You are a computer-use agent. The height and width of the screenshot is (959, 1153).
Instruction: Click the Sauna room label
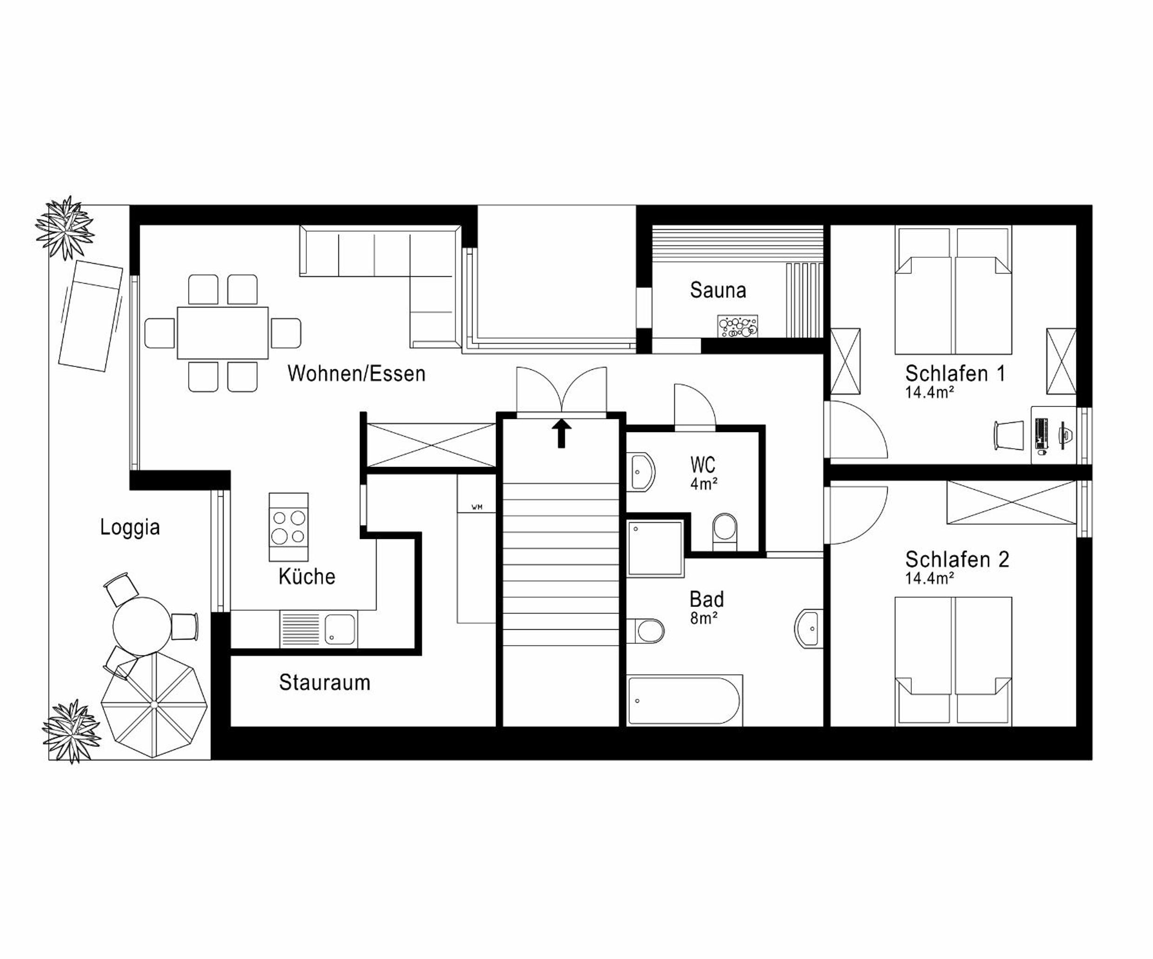tap(718, 290)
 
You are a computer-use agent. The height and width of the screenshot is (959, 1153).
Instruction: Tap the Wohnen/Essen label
tap(356, 373)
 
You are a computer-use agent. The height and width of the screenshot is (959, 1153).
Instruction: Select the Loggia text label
tap(130, 527)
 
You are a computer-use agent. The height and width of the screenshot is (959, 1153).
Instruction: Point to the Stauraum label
tap(325, 682)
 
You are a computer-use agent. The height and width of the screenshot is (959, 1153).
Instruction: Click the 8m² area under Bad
tap(704, 618)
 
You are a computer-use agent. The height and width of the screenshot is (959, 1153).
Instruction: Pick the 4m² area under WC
tap(704, 484)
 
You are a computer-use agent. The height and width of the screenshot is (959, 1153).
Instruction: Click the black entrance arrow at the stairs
tap(561, 433)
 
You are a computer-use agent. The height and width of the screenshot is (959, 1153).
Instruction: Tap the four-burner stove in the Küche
tap(289, 527)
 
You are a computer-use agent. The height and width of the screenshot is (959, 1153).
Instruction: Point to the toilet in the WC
tap(725, 531)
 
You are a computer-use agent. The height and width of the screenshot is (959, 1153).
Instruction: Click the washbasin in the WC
tap(641, 471)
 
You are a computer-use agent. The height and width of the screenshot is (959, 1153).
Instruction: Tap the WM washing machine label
tap(477, 507)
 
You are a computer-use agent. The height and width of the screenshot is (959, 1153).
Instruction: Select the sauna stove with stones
tap(738, 326)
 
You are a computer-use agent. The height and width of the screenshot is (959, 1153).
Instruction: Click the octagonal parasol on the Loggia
tap(154, 705)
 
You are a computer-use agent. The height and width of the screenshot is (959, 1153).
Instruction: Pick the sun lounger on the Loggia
tap(91, 316)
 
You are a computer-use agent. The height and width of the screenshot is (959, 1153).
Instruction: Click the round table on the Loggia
tap(142, 626)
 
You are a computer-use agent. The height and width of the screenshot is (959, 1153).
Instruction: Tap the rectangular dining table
tap(223, 333)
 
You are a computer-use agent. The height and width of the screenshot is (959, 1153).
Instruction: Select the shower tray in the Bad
tap(656, 549)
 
